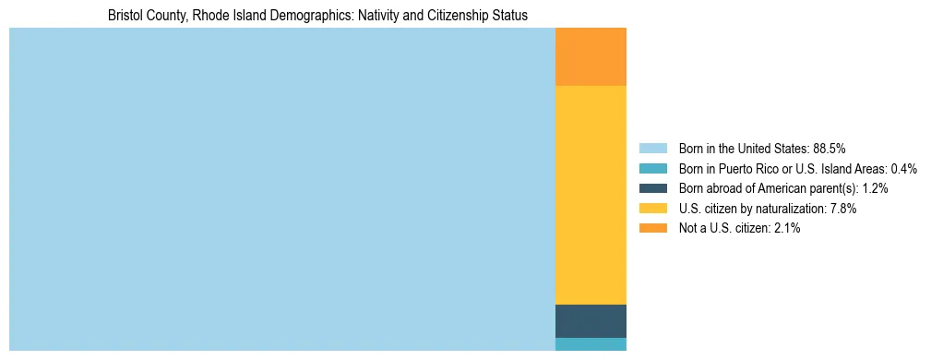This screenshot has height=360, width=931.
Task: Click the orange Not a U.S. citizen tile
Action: click(x=591, y=56)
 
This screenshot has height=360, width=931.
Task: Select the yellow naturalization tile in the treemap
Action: click(x=591, y=195)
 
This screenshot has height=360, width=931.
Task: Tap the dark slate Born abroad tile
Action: click(x=591, y=320)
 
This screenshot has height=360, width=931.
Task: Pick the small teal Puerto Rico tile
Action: click(x=591, y=344)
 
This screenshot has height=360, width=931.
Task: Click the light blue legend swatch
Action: click(x=652, y=149)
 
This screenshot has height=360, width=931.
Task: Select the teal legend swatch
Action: click(x=652, y=169)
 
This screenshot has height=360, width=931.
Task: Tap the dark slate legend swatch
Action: click(x=652, y=188)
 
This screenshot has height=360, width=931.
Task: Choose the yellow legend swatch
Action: click(x=652, y=209)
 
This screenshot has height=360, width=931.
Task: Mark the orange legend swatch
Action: click(x=652, y=229)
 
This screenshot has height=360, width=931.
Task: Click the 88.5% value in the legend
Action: click(x=829, y=149)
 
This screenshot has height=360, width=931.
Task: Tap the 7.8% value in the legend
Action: click(x=843, y=209)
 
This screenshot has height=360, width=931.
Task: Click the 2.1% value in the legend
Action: click(x=786, y=229)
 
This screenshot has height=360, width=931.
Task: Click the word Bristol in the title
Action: click(x=125, y=16)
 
